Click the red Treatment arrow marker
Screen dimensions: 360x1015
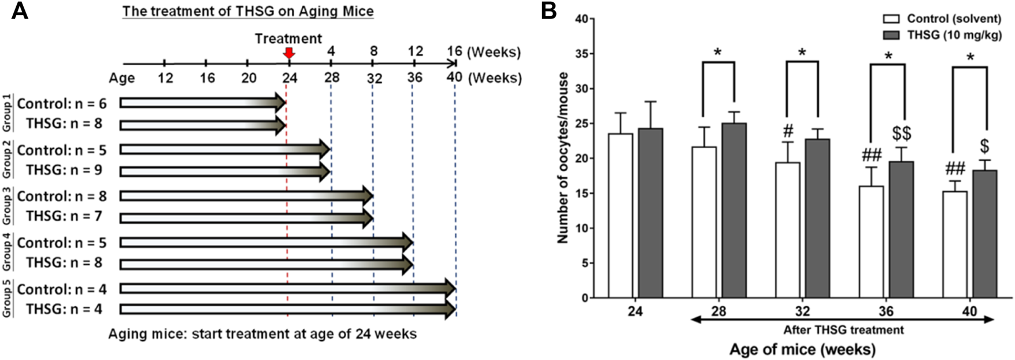(x=290, y=53)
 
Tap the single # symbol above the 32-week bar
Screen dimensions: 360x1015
(x=787, y=131)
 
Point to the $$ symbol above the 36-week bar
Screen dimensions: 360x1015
(x=901, y=133)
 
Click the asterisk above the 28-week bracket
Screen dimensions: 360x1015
(x=718, y=53)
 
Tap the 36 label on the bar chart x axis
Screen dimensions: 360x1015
(x=886, y=311)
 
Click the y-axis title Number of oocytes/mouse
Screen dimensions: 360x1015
(x=563, y=158)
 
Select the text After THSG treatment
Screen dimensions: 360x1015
(x=843, y=331)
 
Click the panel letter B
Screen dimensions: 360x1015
(x=549, y=12)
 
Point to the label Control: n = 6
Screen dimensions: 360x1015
(x=62, y=103)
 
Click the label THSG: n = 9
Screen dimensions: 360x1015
(x=64, y=170)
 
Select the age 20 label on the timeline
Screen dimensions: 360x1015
(x=249, y=78)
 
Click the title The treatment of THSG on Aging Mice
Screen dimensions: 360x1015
(x=247, y=11)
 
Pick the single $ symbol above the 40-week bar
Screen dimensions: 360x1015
(x=985, y=146)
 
